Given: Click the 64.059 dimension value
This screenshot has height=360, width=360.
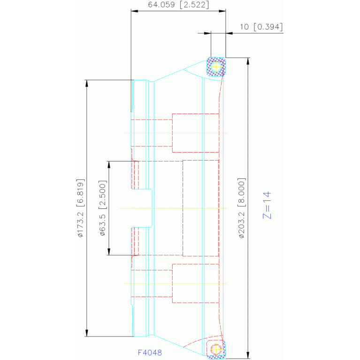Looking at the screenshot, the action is (x=161, y=5).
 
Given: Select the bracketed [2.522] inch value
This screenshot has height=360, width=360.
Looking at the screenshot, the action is (x=194, y=5).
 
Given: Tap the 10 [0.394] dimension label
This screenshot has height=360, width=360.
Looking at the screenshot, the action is (x=261, y=27).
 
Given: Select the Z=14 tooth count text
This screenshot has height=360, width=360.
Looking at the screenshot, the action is (x=267, y=205).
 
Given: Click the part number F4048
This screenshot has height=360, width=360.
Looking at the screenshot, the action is (x=150, y=352).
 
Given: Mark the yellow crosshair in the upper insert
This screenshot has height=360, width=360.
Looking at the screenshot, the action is (x=216, y=67).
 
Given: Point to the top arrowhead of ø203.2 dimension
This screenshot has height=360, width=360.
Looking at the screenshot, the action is (x=248, y=61).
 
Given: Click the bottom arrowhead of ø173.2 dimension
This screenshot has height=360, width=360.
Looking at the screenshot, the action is (x=86, y=333).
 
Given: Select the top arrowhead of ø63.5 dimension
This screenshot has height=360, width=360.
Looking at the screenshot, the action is (x=109, y=165).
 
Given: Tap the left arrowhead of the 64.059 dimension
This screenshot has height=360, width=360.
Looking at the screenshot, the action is (x=135, y=11).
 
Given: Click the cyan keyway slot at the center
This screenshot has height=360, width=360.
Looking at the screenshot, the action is (x=152, y=208).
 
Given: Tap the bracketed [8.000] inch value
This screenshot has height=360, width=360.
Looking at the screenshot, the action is (x=242, y=193).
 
